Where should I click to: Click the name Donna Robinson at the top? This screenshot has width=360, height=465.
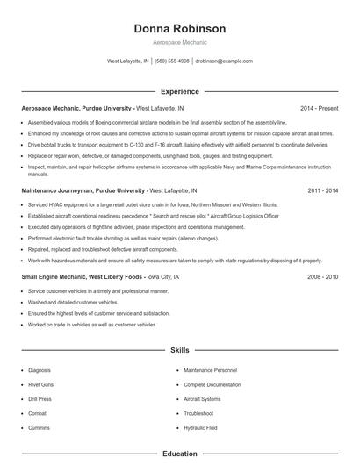point(180,29)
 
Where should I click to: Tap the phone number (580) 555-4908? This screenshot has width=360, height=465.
point(172,61)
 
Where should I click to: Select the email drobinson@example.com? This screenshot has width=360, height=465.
point(224,61)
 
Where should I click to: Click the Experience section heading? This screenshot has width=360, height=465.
point(180,91)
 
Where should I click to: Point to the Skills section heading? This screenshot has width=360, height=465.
point(180,350)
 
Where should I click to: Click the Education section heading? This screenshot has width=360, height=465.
point(180,454)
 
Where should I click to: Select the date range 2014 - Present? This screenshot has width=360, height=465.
point(319,108)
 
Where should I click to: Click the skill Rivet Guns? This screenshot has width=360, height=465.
point(41,384)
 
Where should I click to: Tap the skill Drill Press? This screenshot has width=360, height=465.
point(40,398)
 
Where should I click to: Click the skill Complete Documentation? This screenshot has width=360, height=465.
point(213,384)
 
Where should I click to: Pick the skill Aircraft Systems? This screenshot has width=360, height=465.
point(203,398)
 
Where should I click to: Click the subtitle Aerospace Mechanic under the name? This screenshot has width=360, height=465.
point(180,44)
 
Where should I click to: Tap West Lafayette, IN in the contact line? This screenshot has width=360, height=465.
point(127,61)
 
